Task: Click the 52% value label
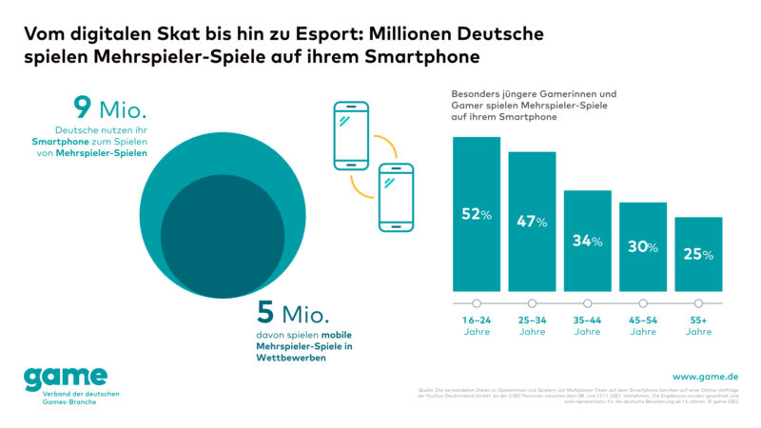(477, 215)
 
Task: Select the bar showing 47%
(532, 224)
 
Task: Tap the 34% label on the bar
(587, 241)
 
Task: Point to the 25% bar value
(698, 254)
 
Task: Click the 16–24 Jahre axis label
(477, 325)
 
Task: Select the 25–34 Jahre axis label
(532, 325)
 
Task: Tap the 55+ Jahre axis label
(698, 325)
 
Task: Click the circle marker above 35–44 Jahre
(587, 303)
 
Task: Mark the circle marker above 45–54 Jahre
(643, 303)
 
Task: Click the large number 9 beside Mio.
(82, 107)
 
